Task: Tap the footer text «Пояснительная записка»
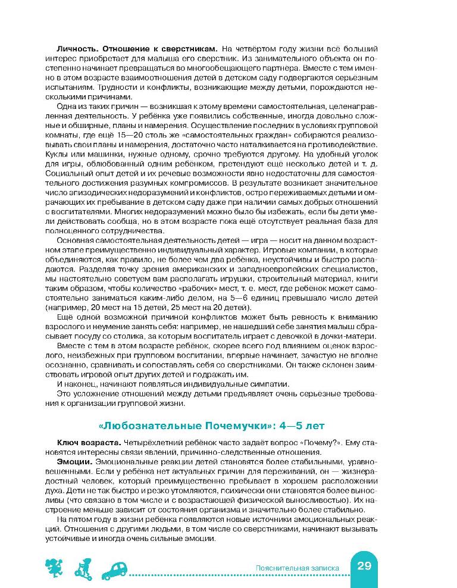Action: click(x=296, y=568)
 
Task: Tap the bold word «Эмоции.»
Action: click(x=74, y=461)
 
